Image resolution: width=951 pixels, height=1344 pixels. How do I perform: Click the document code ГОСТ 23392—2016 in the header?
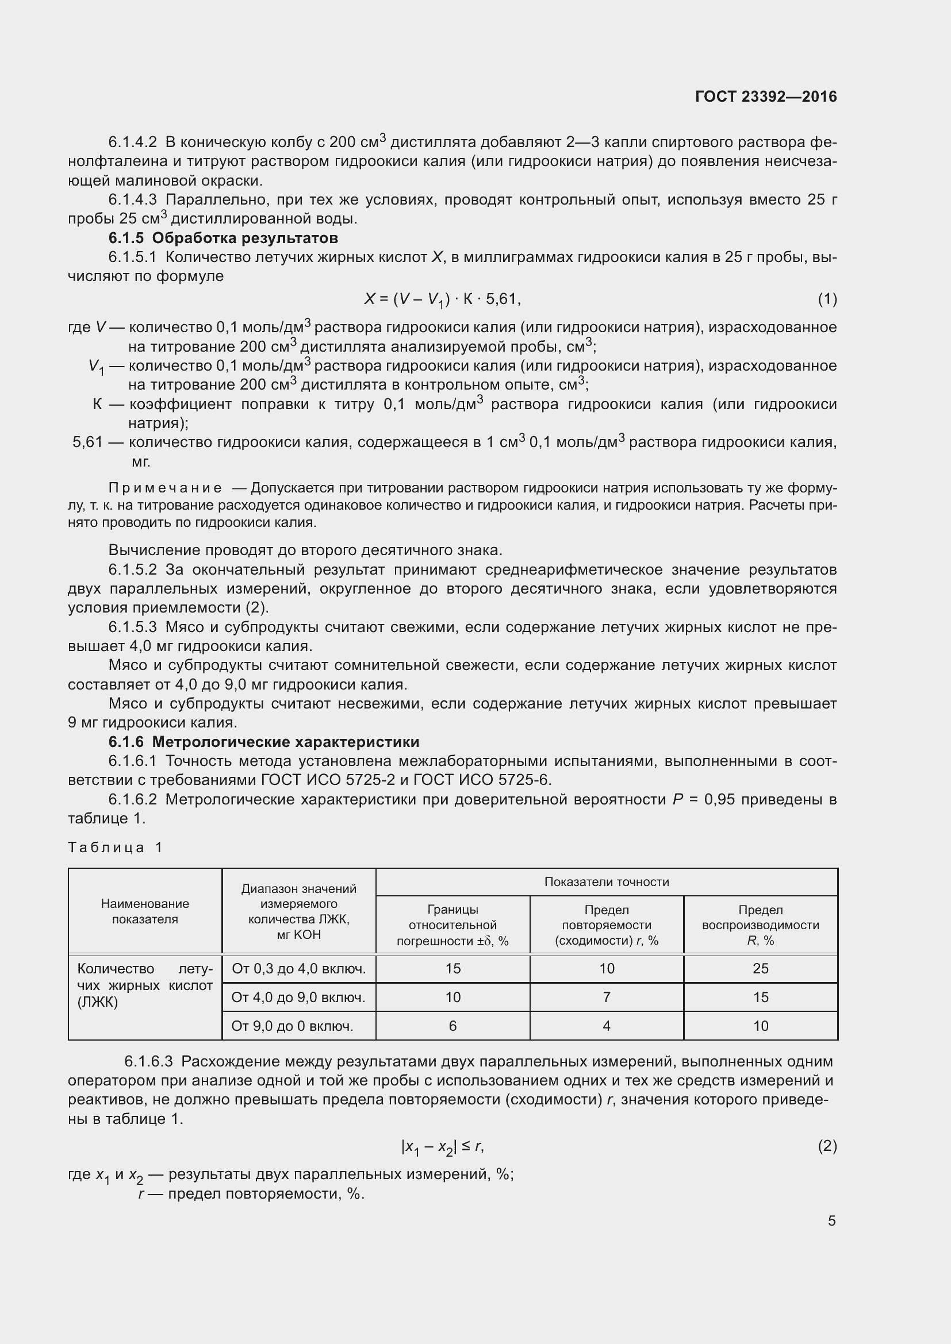click(x=765, y=97)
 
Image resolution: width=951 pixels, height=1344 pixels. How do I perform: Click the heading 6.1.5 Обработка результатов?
click(x=223, y=238)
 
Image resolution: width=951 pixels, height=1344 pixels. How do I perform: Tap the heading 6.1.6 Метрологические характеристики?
click(x=263, y=742)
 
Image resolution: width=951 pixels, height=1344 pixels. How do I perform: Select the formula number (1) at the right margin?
click(x=827, y=299)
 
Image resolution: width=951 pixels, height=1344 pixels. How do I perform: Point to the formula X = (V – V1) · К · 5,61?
click(x=442, y=300)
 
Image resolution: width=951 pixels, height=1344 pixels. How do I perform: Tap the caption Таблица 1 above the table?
click(x=115, y=848)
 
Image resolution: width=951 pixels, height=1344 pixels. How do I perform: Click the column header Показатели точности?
click(x=606, y=882)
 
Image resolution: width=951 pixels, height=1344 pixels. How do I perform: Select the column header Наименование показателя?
click(x=145, y=911)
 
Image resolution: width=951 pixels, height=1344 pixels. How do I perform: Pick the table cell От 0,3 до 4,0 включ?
click(x=298, y=969)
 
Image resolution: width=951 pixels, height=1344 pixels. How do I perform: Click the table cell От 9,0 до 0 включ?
click(x=292, y=1026)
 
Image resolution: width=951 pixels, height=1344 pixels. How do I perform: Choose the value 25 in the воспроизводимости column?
click(x=760, y=969)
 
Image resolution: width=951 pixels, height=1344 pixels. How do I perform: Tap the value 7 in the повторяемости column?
click(x=606, y=998)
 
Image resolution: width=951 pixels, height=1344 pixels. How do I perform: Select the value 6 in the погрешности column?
click(x=452, y=1026)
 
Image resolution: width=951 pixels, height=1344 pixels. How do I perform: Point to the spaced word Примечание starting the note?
click(x=165, y=488)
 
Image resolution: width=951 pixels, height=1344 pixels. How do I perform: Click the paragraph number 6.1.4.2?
click(x=132, y=143)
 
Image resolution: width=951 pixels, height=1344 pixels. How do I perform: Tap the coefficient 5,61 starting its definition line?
click(x=87, y=442)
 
